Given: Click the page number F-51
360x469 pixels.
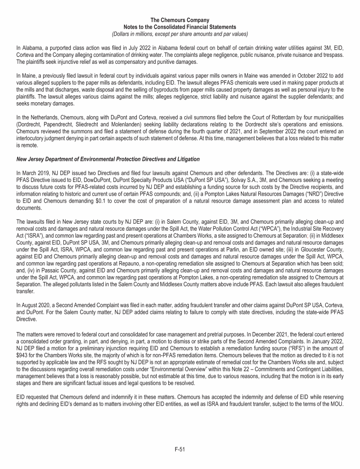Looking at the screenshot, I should [180, 449].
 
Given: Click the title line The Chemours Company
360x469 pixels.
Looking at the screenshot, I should [180, 20].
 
